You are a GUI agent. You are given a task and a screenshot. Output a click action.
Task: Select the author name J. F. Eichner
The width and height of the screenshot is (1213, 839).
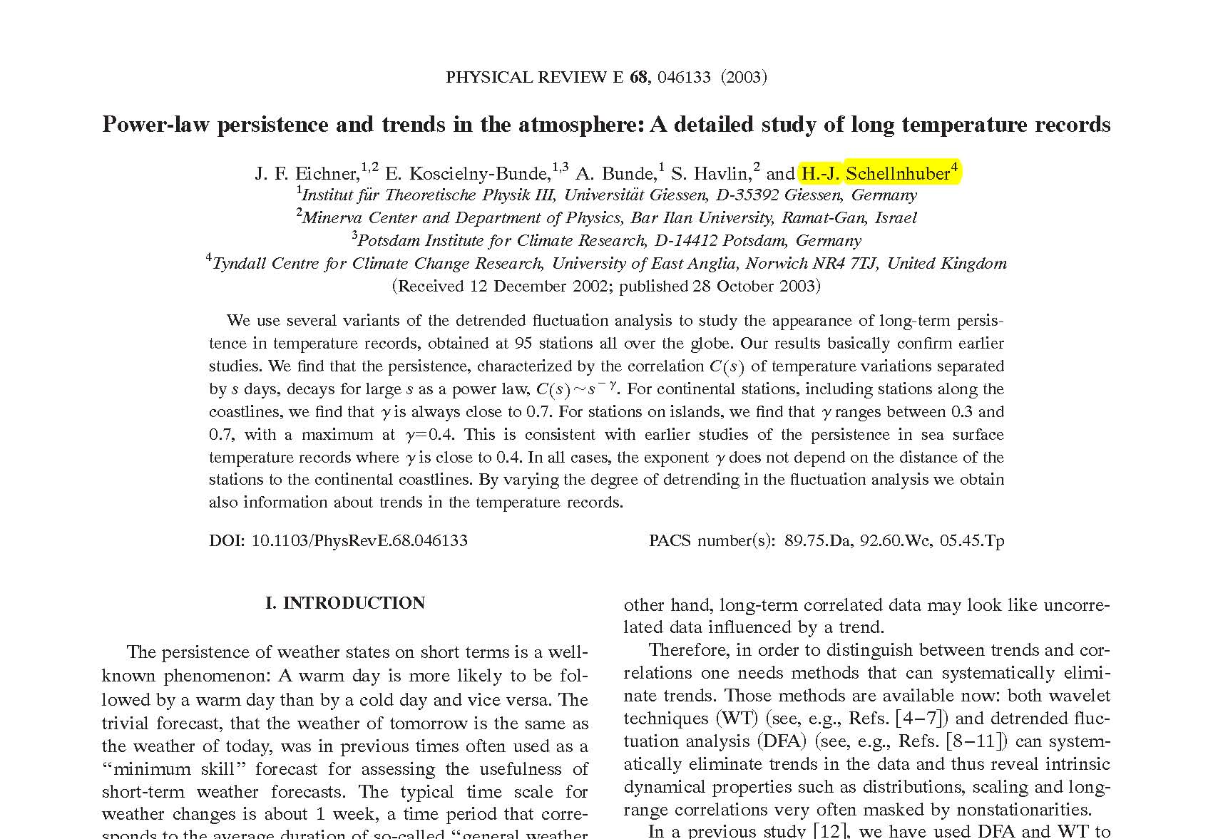pyautogui.click(x=307, y=174)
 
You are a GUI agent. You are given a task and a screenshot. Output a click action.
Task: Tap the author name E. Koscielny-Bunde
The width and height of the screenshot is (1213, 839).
pyautogui.click(x=468, y=174)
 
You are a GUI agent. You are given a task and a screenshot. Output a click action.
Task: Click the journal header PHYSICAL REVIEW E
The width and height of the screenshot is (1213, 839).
pyautogui.click(x=534, y=77)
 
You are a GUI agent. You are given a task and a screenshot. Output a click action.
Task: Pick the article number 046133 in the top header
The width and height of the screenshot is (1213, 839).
pyautogui.click(x=684, y=77)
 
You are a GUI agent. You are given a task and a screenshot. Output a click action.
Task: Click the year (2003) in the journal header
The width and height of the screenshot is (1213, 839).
pyautogui.click(x=743, y=77)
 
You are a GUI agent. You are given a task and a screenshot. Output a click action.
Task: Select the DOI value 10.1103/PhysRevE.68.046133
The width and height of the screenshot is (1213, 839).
pyautogui.click(x=359, y=540)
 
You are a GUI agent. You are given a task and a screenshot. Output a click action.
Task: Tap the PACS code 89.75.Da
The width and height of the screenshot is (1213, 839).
pyautogui.click(x=817, y=540)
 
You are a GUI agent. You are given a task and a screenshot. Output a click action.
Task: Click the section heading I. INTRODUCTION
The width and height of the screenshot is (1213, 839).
pyautogui.click(x=345, y=603)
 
